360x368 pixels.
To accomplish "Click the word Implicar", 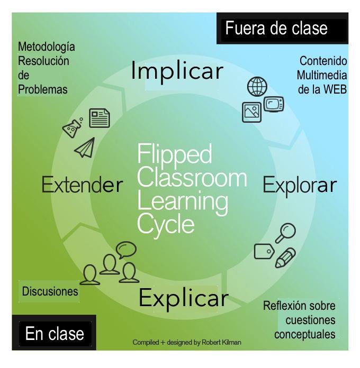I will (x=177, y=71).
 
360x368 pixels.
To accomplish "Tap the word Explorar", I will (x=300, y=185).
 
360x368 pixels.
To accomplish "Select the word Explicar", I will (x=183, y=298).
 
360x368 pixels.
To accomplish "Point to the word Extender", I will (x=82, y=185).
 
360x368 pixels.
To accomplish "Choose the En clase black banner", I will (x=55, y=333).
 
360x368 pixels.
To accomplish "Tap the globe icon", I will (x=257, y=86).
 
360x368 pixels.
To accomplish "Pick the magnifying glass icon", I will (x=286, y=232).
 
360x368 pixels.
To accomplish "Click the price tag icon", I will (x=264, y=251).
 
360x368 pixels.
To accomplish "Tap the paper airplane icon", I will (x=84, y=148).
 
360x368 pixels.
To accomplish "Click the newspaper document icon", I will (x=99, y=118).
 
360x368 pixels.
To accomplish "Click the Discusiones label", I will (x=50, y=291).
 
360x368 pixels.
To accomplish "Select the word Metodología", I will (x=47, y=47).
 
